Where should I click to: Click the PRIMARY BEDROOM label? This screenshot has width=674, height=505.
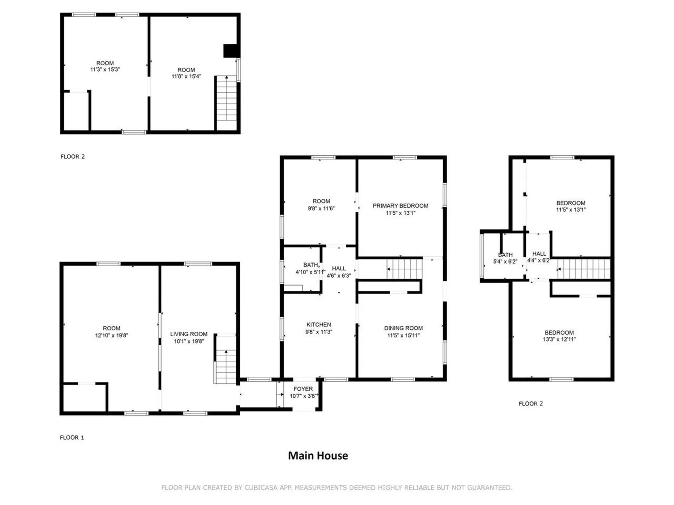coord(400,206)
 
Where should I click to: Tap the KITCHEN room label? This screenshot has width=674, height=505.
coord(318,325)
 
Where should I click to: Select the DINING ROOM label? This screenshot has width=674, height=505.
coord(403,328)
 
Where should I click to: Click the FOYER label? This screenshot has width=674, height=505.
coord(303,389)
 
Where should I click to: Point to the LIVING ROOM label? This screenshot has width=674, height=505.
coord(189,334)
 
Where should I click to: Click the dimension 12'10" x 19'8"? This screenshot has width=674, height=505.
coord(111,335)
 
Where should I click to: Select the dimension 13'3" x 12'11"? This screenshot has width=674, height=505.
coord(559,339)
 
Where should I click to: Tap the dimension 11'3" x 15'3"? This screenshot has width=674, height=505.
coord(105,69)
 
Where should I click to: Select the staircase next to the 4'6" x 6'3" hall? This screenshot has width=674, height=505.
coord(404,269)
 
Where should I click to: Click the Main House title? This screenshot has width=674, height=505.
coord(318,456)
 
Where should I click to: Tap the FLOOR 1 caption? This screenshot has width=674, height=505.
coord(72,438)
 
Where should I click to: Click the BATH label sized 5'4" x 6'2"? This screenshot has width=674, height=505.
coord(505,255)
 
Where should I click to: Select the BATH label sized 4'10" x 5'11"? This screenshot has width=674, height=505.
coord(310,265)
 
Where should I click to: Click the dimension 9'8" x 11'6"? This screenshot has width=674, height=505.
coord(321,208)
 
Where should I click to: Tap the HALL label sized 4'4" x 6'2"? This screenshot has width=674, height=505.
coord(539,254)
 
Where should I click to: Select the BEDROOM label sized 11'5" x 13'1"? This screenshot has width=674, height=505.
coord(570,203)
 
